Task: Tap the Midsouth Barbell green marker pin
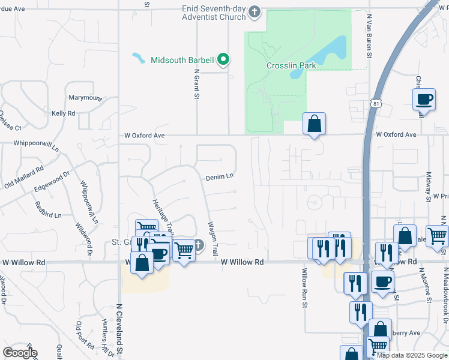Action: pyautogui.click(x=224, y=59)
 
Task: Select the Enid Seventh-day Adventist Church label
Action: pyautogui.click(x=215, y=13)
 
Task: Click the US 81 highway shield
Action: pyautogui.click(x=375, y=104)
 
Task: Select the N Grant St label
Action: pyautogui.click(x=196, y=84)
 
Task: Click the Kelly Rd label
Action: pyautogui.click(x=63, y=113)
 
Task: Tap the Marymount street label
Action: pyautogui.click(x=85, y=98)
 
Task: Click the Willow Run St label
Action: pyautogui.click(x=304, y=288)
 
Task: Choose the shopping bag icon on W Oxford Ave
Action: pyautogui.click(x=314, y=124)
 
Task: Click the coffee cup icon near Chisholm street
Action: pyautogui.click(x=424, y=100)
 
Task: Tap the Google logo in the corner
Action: pyautogui.click(x=20, y=353)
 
